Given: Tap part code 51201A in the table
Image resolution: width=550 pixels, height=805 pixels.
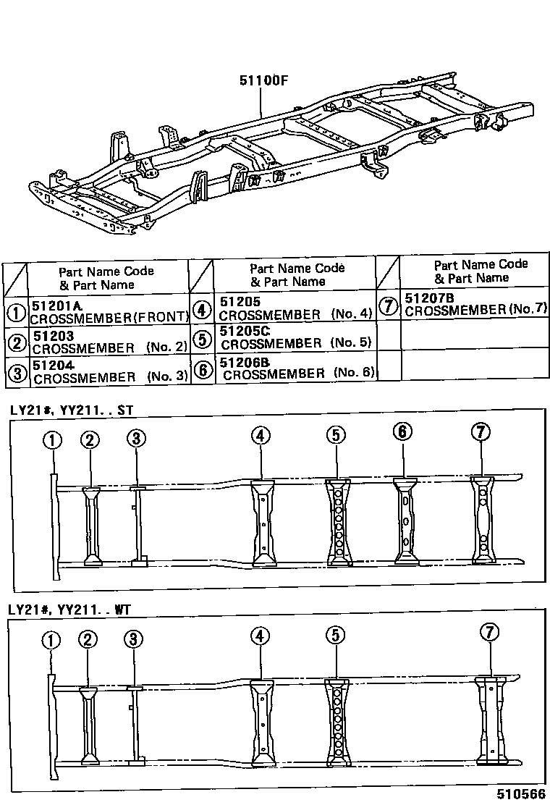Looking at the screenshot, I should (57, 302).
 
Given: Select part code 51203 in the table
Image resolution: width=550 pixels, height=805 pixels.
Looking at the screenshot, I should (53, 335).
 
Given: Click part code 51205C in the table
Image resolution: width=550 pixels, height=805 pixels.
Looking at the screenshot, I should (244, 331).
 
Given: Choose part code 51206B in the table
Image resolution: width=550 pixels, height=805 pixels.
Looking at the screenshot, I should (245, 361).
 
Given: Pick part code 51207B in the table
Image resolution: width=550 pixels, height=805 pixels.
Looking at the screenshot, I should (429, 298).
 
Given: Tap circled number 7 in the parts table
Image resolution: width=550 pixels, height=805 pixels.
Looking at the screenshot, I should (389, 305).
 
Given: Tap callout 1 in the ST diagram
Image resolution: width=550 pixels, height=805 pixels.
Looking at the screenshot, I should (52, 439).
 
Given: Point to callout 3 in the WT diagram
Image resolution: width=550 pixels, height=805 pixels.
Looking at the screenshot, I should (133, 639).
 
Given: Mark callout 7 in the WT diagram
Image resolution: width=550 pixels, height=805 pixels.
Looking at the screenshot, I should (490, 632).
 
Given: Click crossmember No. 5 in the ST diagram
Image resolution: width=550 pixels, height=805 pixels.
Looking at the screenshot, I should (338, 520).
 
